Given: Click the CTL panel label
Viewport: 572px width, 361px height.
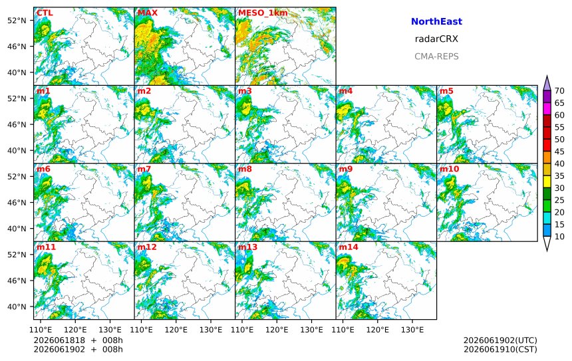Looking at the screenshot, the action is click(45, 13).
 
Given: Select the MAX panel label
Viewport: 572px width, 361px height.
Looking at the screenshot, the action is click(148, 13).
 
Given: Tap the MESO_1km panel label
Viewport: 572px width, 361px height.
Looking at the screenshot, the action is click(263, 13).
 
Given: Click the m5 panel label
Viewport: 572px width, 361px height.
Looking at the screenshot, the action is click(446, 91).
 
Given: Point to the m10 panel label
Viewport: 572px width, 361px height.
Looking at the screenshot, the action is click(449, 169).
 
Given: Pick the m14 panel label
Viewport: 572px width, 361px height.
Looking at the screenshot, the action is click(349, 247).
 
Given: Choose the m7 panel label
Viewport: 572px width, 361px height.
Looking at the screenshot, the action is click(144, 169).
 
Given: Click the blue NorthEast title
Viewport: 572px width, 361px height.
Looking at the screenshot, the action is click(436, 21).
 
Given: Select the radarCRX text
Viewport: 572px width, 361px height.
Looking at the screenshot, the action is click(436, 39).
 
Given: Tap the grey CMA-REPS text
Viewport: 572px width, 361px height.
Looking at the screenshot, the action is click(436, 57).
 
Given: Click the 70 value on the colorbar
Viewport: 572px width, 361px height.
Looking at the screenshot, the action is click(559, 91).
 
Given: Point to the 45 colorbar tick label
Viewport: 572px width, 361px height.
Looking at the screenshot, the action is click(559, 152).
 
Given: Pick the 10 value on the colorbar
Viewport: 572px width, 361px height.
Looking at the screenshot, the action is click(559, 237).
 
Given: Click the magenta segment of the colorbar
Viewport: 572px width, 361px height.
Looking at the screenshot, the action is click(547, 109).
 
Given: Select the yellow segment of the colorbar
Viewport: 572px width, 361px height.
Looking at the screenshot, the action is click(547, 182).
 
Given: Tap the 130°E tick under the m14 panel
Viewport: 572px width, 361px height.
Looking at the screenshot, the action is click(412, 330).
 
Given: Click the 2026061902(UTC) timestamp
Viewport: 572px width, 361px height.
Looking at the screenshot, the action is click(500, 340).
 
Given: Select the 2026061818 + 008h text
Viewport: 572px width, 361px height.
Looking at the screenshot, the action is click(78, 340).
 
